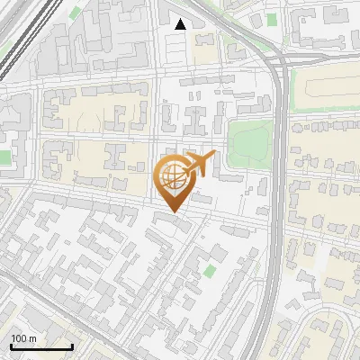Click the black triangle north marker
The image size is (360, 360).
(x=181, y=25)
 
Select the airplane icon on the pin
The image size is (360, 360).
(x=200, y=164)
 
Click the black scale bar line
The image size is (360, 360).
(x=40, y=347)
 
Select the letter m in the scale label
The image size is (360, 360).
(x=32, y=339)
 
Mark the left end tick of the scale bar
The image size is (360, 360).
(x=10, y=346)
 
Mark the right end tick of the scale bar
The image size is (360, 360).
(x=72, y=346)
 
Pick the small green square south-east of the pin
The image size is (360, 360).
(x=210, y=270)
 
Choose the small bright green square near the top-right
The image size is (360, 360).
(x=272, y=21)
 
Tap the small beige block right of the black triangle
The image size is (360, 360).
(x=206, y=49)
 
